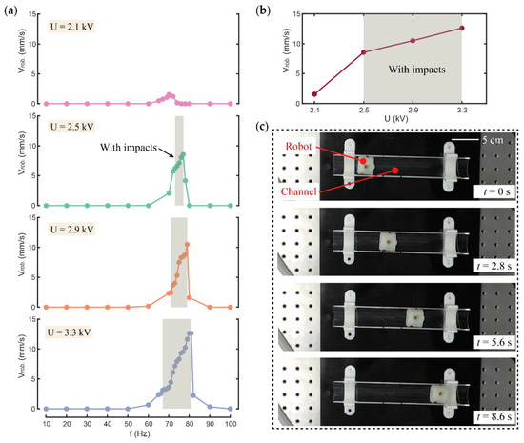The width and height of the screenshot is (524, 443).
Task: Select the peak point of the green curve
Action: pos(183,155)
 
